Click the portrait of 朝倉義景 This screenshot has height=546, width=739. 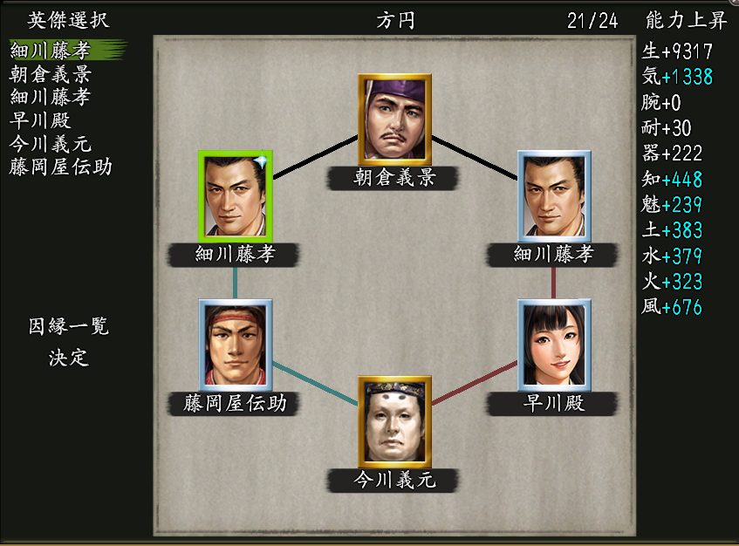tap(394, 119)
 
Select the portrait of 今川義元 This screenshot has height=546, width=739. tap(394, 421)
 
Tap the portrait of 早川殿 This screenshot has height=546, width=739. tap(554, 344)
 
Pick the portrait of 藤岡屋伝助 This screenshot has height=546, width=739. tap(236, 344)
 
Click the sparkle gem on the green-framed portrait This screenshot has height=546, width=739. tap(262, 161)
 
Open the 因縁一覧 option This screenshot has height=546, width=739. tap(69, 327)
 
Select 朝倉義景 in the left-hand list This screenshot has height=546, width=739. tap(51, 74)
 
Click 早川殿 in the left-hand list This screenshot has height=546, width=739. tap(41, 120)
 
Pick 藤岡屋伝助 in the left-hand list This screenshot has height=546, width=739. tap(61, 166)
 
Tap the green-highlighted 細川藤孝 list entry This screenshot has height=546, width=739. tap(51, 51)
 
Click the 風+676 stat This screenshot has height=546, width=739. tap(672, 307)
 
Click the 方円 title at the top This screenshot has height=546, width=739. tap(394, 20)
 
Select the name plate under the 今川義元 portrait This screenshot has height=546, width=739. tap(394, 480)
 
